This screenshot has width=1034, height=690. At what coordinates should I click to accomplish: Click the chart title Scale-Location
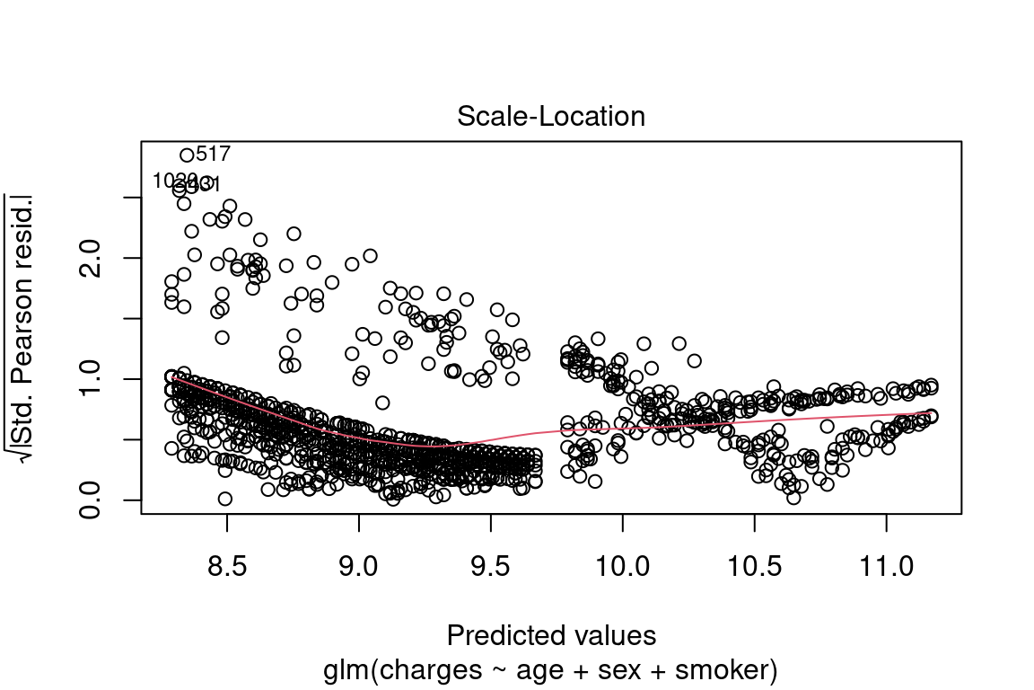pyautogui.click(x=551, y=117)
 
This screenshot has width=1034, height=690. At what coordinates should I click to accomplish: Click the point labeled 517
pyautogui.click(x=187, y=155)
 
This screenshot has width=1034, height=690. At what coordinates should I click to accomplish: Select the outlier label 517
pyautogui.click(x=213, y=154)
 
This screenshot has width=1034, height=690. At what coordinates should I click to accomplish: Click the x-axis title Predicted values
pyautogui.click(x=551, y=636)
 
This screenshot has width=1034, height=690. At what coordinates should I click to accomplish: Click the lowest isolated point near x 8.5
pyautogui.click(x=224, y=499)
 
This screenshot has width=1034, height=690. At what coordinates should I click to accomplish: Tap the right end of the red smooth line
pyautogui.click(x=931, y=413)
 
